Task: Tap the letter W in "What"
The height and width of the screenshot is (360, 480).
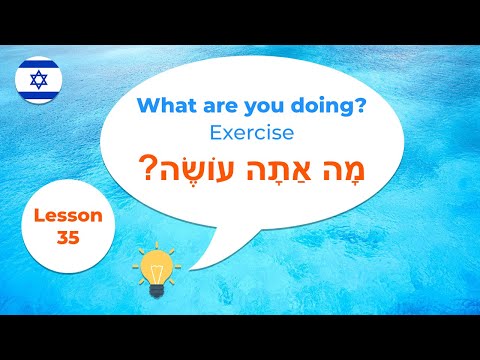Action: pos(146,104)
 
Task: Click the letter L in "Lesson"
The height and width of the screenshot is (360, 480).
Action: pos(37,214)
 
